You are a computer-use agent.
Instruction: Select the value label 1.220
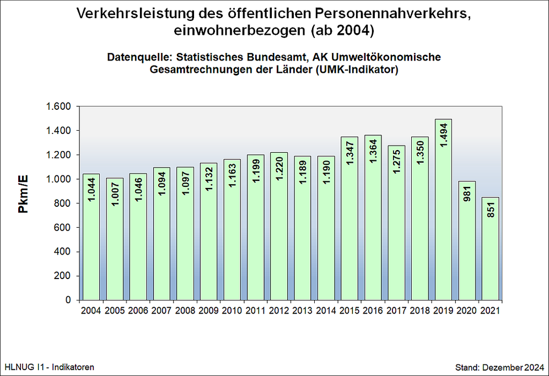tap(279, 168)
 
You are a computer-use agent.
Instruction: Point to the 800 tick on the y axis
tap(63, 203)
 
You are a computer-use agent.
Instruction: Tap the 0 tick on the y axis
tap(68, 300)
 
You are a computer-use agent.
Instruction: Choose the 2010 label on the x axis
tap(232, 310)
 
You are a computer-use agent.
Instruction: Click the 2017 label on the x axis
tap(396, 310)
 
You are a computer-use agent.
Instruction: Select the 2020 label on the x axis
tap(466, 310)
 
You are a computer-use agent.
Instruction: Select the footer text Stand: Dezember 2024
tap(499, 367)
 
